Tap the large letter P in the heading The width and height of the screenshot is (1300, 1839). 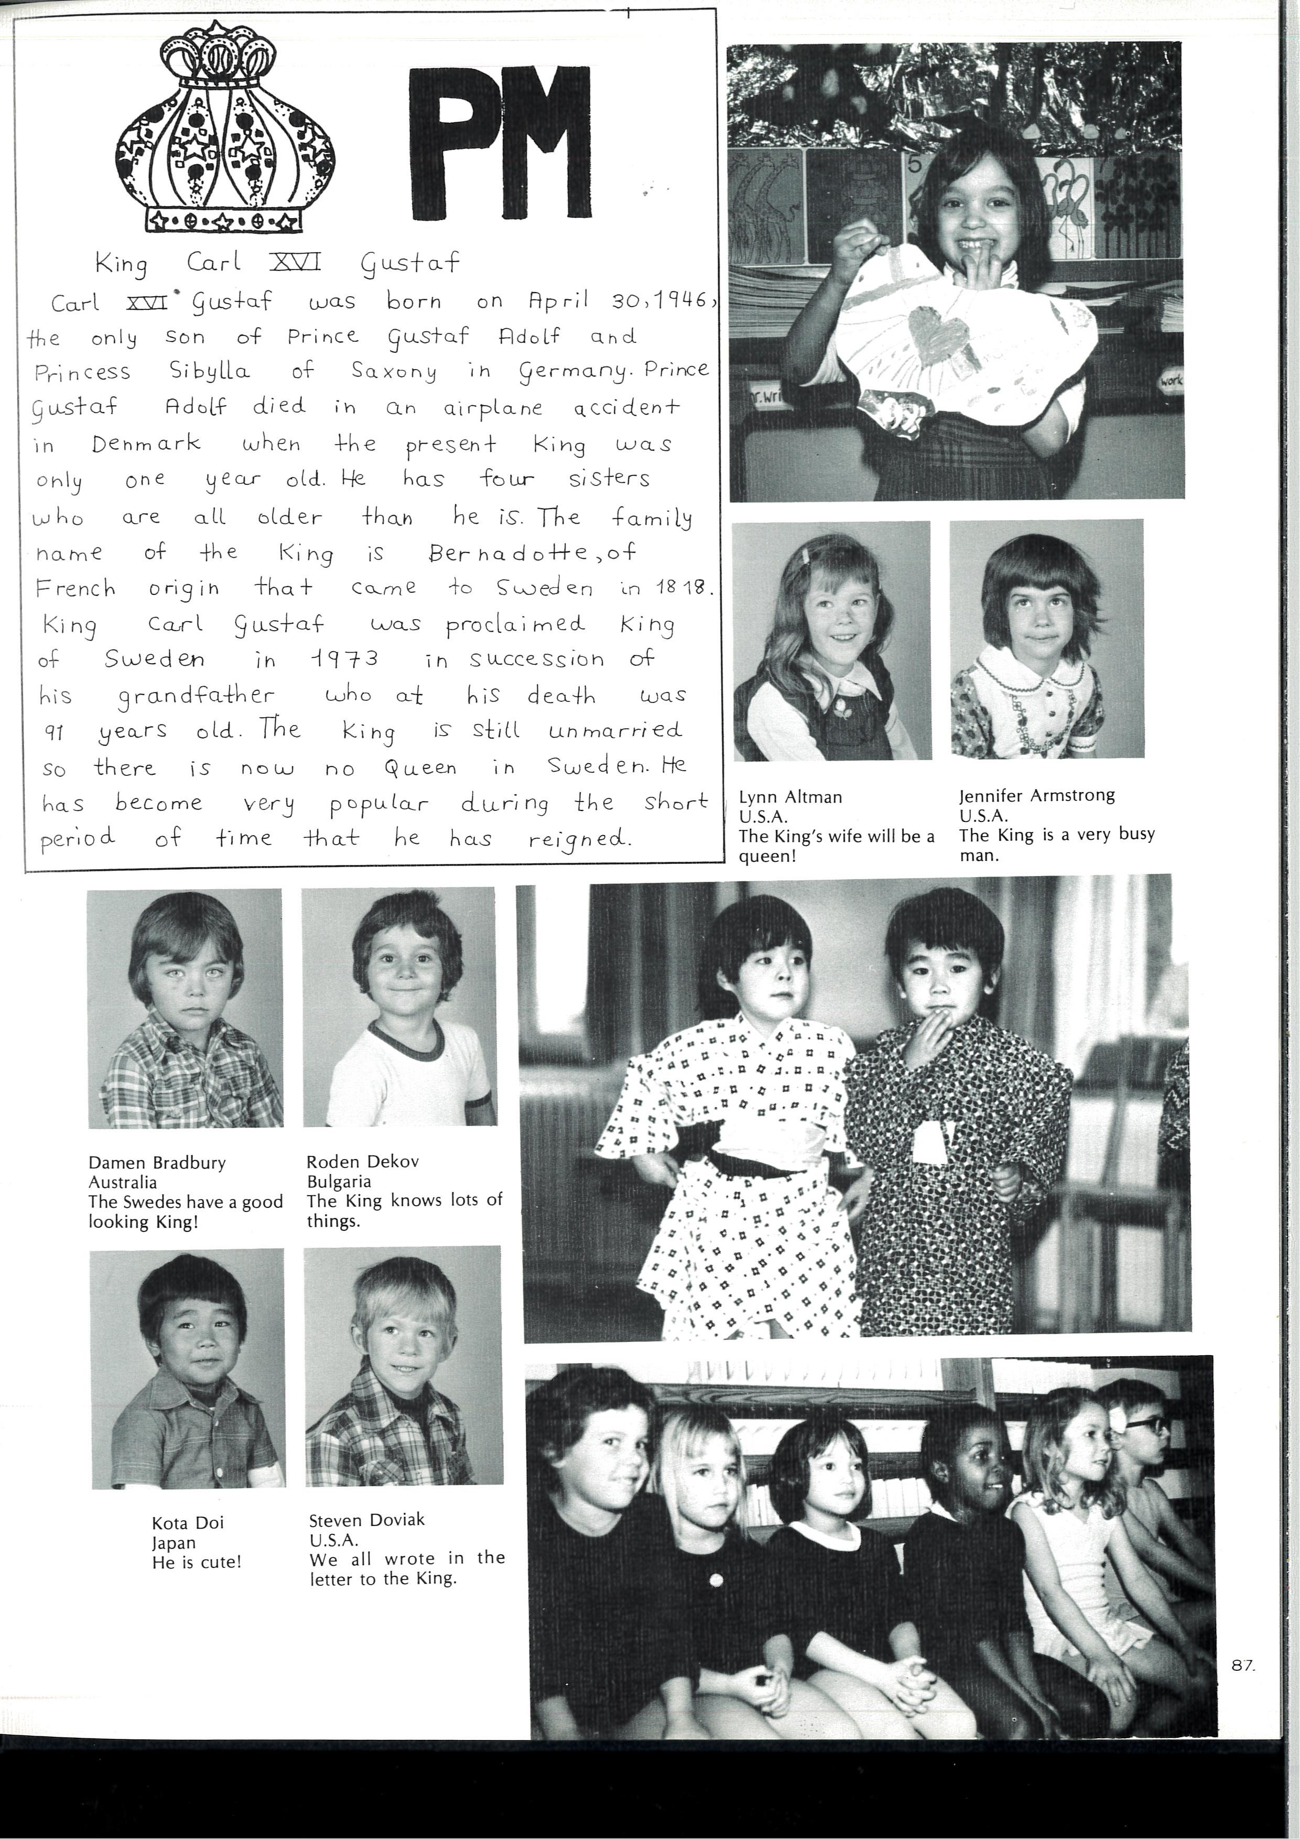[x=452, y=144]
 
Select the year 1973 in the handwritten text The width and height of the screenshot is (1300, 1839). [x=344, y=659]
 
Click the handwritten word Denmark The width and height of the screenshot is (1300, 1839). [x=145, y=443]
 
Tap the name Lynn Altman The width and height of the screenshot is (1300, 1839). [x=790, y=797]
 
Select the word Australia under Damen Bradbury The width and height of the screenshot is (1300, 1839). [x=123, y=1182]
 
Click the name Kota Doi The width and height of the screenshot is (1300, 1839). [x=188, y=1522]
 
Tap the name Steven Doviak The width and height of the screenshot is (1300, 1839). [x=367, y=1519]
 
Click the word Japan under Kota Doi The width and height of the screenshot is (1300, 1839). [x=174, y=1543]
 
